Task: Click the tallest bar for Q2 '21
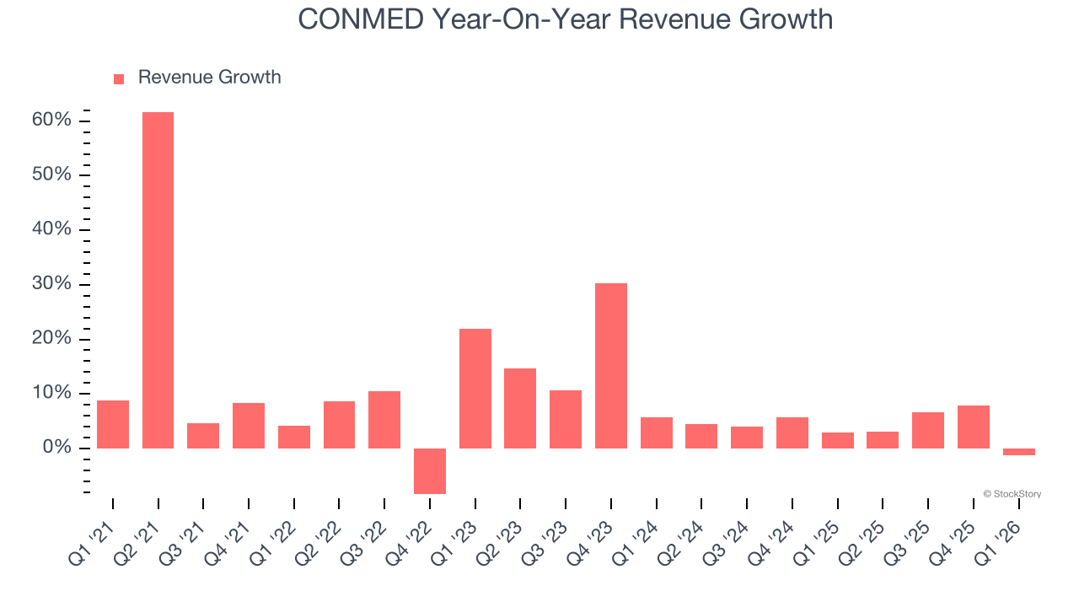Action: coord(158,280)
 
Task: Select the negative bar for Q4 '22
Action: coord(430,470)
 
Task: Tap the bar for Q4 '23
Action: coord(611,365)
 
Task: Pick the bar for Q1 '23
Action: coord(475,388)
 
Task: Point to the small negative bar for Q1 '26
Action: coord(1019,452)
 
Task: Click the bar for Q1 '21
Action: coord(113,424)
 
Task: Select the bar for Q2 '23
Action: coord(520,408)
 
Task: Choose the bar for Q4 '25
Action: coord(974,427)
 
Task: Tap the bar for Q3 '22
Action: coord(384,419)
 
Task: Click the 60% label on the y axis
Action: coord(51,121)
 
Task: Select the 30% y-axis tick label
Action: coord(51,284)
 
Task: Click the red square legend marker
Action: coord(119,78)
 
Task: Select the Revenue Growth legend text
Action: coord(209,78)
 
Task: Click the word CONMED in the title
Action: coord(360,19)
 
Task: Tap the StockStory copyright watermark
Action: coord(1012,494)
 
